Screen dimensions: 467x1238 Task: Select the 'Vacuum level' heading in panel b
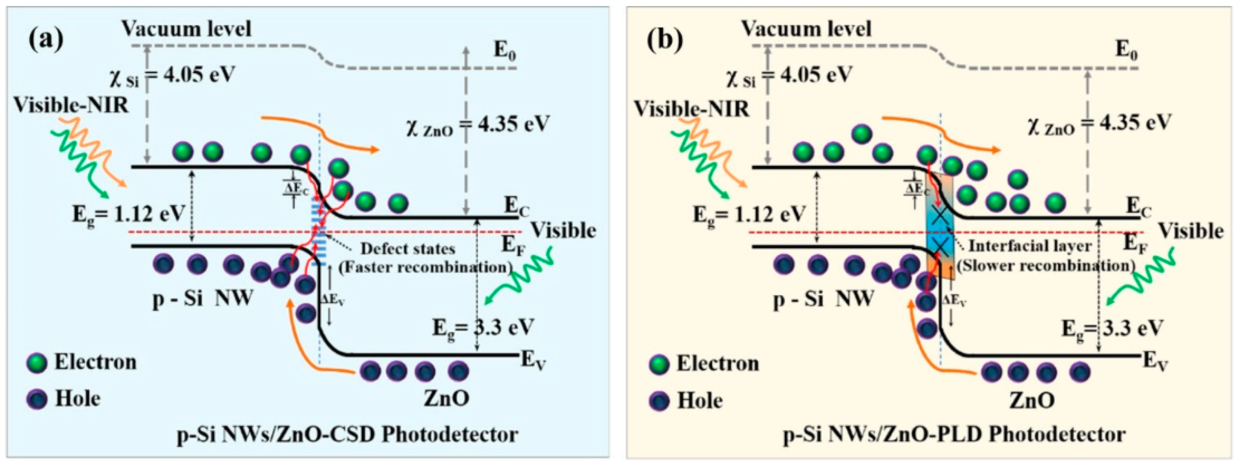tap(806, 29)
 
